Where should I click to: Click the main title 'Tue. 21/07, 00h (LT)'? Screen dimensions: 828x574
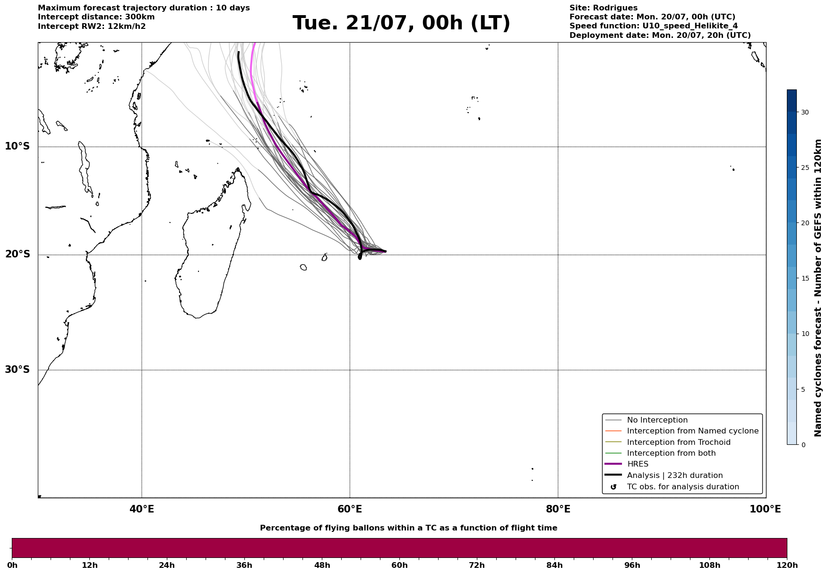pyautogui.click(x=401, y=23)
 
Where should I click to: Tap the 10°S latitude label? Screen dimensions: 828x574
pyautogui.click(x=17, y=146)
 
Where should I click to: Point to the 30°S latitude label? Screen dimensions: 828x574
pyautogui.click(x=17, y=370)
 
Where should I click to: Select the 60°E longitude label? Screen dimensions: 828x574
pyautogui.click(x=350, y=509)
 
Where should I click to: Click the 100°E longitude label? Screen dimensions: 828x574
pyautogui.click(x=765, y=509)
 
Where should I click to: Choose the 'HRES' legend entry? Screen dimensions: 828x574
pyautogui.click(x=638, y=464)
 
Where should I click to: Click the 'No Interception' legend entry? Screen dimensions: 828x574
pyautogui.click(x=657, y=420)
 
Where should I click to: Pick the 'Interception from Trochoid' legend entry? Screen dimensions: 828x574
pyautogui.click(x=679, y=442)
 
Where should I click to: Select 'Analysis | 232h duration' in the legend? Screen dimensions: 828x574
pyautogui.click(x=675, y=476)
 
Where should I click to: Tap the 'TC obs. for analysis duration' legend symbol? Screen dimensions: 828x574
pyautogui.click(x=613, y=487)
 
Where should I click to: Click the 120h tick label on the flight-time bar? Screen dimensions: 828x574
pyautogui.click(x=787, y=565)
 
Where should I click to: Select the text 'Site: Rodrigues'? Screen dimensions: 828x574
pyautogui.click(x=604, y=8)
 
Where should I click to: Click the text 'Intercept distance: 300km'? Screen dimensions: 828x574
pyautogui.click(x=96, y=17)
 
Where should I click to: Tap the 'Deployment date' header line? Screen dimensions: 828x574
pyautogui.click(x=660, y=35)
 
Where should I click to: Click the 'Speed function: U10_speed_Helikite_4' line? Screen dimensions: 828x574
pyautogui.click(x=654, y=26)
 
